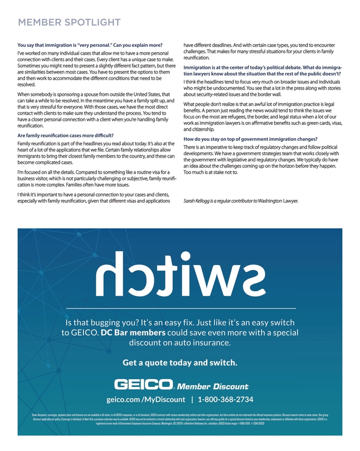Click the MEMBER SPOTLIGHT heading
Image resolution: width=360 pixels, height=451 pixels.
(69, 22)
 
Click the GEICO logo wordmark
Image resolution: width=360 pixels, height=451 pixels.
(144, 385)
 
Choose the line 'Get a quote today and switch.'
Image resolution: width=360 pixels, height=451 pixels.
(179, 362)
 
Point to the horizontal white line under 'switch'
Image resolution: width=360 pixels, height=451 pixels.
(180, 308)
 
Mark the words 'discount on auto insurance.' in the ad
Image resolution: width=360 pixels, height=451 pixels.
(180, 343)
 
